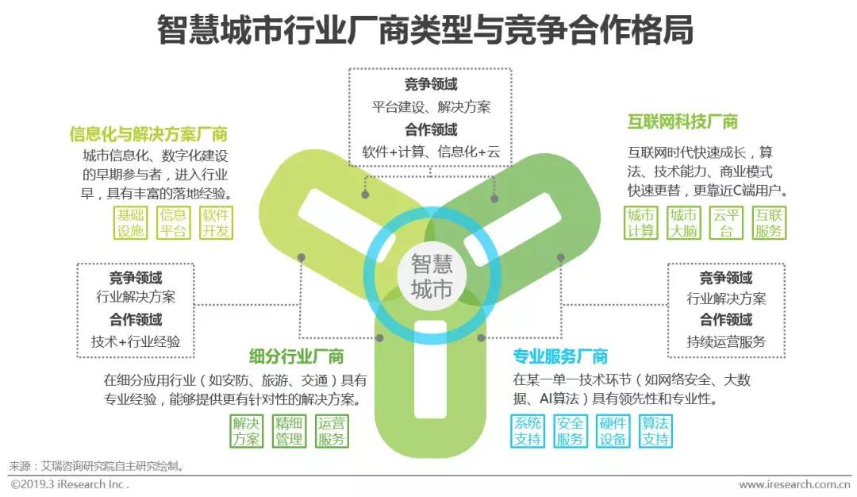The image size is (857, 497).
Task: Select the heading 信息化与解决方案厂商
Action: coord(148,133)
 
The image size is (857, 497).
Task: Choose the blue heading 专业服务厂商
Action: coord(560,356)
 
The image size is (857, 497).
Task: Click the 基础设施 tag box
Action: coord(131,223)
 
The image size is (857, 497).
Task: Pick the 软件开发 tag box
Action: coord(215,223)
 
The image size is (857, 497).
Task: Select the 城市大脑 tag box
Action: coord(683,223)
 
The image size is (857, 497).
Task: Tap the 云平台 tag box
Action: coord(726,223)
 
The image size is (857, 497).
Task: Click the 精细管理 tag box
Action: coord(289,431)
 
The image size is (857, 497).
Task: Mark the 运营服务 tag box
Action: coord(331,431)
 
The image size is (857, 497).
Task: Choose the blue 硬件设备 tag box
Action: coord(613,431)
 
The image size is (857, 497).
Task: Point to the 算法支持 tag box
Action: coord(655,431)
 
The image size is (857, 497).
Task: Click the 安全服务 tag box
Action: coord(570,431)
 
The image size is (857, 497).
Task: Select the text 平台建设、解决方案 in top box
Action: coord(431,106)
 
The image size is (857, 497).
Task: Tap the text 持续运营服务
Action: coord(725,341)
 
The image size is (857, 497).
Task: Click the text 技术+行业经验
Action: coord(135,341)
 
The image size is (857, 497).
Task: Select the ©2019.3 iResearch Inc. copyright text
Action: coord(69,484)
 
